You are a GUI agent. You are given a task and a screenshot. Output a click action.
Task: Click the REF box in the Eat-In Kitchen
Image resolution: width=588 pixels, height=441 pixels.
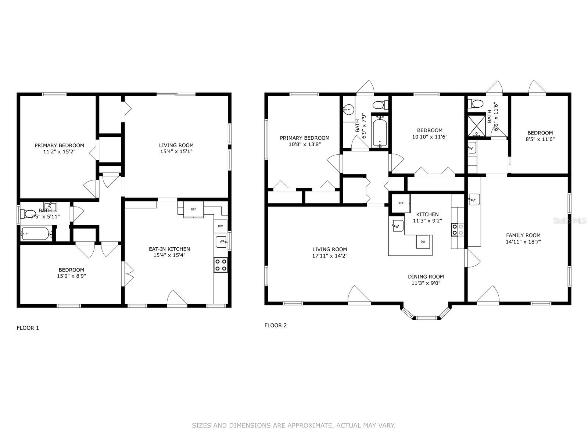click(x=193, y=209)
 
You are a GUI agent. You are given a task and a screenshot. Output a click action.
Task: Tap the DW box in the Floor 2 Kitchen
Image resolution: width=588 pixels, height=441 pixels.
click(x=423, y=241)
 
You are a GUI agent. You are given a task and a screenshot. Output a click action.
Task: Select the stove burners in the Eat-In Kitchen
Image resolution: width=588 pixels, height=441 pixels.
click(x=221, y=265)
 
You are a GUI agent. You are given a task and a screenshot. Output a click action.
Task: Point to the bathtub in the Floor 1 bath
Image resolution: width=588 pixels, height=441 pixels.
click(x=36, y=233)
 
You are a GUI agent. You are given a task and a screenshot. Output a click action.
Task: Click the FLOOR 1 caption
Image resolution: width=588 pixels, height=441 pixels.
click(x=28, y=328)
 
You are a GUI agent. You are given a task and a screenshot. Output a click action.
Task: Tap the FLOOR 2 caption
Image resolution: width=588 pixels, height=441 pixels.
click(x=276, y=325)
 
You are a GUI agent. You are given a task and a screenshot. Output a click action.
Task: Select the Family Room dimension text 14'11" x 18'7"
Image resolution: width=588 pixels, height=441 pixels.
click(x=523, y=242)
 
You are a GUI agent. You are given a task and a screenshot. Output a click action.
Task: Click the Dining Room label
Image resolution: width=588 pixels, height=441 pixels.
click(x=426, y=277)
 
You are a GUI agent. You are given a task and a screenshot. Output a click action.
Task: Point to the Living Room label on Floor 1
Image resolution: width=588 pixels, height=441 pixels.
click(x=176, y=145)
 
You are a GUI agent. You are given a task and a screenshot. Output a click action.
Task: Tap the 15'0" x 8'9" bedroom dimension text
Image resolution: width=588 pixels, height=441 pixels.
click(x=71, y=276)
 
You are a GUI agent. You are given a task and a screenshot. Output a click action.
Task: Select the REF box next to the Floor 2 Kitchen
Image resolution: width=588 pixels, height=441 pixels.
click(x=401, y=203)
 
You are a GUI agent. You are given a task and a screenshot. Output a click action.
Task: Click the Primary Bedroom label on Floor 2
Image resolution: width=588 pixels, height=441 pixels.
click(x=304, y=138)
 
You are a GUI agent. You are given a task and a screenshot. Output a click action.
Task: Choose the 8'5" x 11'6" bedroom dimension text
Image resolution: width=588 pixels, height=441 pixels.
click(x=540, y=139)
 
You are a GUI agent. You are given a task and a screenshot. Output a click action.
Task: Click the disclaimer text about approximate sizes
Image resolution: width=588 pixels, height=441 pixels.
click(x=294, y=426)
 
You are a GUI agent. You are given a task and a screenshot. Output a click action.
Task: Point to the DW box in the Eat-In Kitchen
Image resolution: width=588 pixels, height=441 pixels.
click(x=220, y=226)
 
